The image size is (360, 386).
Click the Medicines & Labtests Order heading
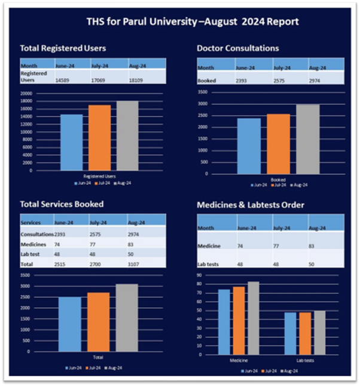251,205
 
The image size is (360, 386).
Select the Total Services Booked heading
62,204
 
